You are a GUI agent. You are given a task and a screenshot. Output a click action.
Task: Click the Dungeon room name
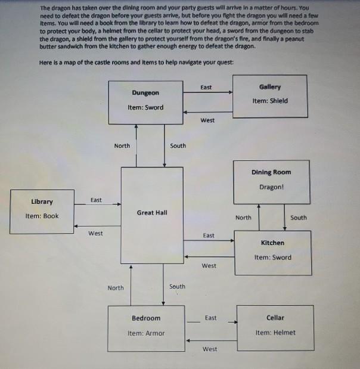pyautogui.click(x=145, y=93)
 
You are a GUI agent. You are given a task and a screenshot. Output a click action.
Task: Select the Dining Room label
pyautogui.click(x=271, y=172)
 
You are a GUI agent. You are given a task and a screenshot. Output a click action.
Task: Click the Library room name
pyautogui.click(x=42, y=201)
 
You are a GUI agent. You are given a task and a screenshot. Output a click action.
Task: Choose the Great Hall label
pyautogui.click(x=152, y=212)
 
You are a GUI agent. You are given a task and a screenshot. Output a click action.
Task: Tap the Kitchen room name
pyautogui.click(x=272, y=243)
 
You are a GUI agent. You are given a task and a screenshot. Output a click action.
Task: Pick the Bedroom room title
pyautogui.click(x=146, y=318)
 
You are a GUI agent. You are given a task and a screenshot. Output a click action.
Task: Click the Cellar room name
pyautogui.click(x=275, y=318)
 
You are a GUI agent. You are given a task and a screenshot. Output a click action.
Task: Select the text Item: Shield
pyautogui.click(x=269, y=101)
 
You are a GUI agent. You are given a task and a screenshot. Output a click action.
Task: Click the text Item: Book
pyautogui.click(x=42, y=216)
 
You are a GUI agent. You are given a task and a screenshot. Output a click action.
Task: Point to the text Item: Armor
pyautogui.click(x=146, y=333)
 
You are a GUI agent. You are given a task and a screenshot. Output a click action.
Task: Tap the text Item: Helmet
pyautogui.click(x=275, y=332)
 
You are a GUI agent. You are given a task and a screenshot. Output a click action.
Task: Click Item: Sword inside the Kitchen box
pyautogui.click(x=272, y=258)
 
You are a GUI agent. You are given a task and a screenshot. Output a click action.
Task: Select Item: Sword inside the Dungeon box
pyautogui.click(x=145, y=107)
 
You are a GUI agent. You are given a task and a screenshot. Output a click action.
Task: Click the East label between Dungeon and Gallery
pyautogui.click(x=206, y=88)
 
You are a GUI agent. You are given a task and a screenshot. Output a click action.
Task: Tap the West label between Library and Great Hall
pyautogui.click(x=95, y=233)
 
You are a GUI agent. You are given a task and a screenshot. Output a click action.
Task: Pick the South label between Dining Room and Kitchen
pyautogui.click(x=299, y=218)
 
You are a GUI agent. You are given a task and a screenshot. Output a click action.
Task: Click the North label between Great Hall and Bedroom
pyautogui.click(x=116, y=288)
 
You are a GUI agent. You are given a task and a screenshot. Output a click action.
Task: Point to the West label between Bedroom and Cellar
pyautogui.click(x=210, y=349)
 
